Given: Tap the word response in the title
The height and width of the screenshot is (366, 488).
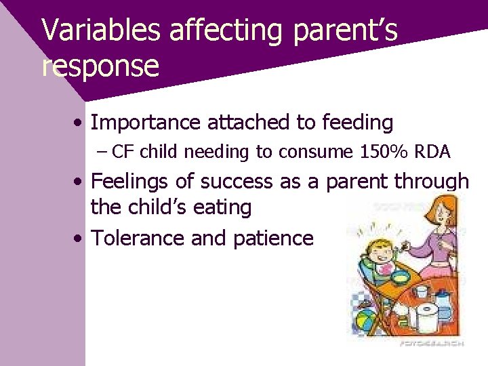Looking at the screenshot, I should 100,66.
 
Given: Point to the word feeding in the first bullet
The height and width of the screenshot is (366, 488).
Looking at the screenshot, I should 357,123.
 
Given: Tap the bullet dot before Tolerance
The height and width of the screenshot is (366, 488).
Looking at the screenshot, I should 79,239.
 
